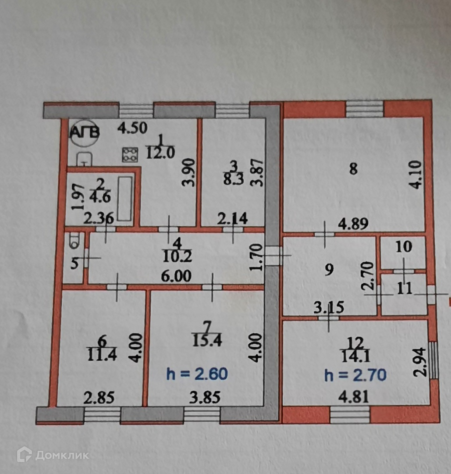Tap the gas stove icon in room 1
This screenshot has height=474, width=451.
click(x=130, y=153)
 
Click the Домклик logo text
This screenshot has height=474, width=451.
click(x=61, y=455)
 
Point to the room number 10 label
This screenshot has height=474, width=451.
click(x=404, y=247)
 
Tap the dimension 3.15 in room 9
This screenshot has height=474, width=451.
click(x=329, y=308)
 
